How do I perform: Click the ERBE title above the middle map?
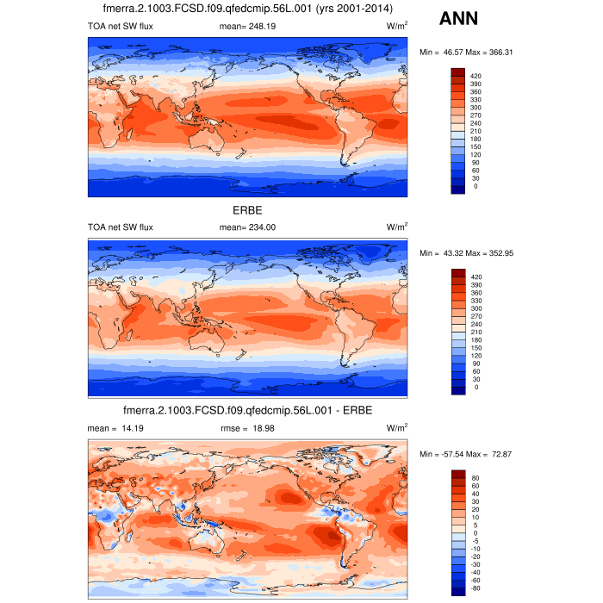247,210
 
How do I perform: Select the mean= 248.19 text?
247,28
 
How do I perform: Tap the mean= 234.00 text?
247,227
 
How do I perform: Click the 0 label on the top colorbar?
475,186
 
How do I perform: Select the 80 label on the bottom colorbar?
475,477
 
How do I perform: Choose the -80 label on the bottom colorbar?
475,588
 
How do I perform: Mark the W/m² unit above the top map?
397,28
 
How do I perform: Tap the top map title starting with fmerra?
247,9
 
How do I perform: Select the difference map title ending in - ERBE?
247,410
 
